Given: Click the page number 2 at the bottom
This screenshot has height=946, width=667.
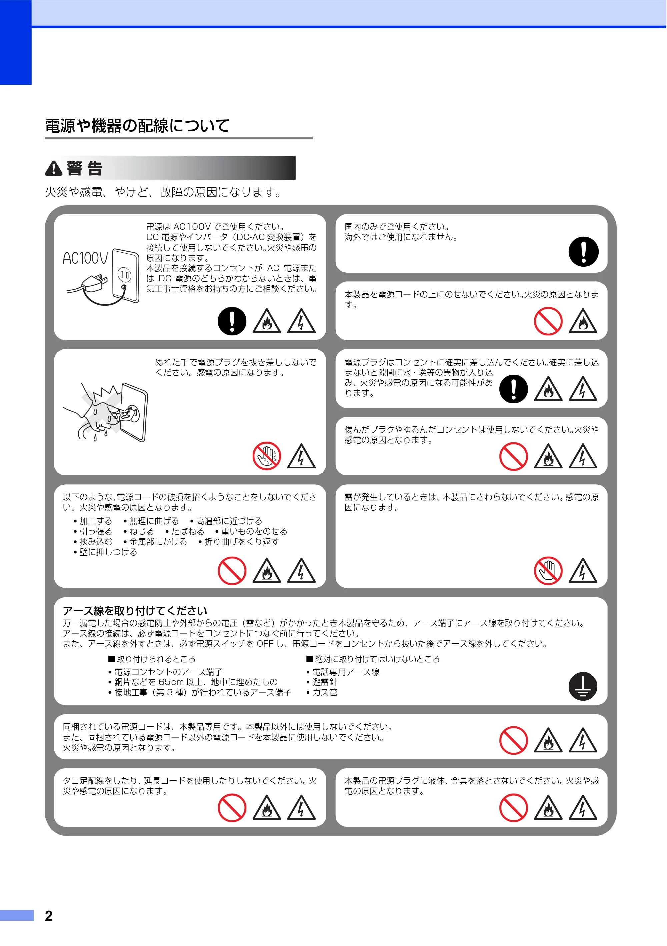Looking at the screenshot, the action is (49, 916).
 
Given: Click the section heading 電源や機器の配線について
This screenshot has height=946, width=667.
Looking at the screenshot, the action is (137, 126).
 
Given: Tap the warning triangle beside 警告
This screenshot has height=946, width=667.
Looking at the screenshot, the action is (53, 168).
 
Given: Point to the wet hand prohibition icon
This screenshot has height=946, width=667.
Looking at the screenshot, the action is (267, 456).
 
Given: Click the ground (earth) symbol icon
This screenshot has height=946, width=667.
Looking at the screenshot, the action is (583, 686).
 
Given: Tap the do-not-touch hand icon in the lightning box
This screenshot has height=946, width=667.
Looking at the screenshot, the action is (548, 571).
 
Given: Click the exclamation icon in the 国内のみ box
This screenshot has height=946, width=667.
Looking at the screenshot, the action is (583, 251).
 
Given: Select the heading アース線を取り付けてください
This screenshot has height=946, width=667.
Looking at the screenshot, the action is (135, 611).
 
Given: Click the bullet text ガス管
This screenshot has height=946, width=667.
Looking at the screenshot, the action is (325, 692).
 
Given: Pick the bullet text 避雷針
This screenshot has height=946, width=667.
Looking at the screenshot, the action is (325, 682).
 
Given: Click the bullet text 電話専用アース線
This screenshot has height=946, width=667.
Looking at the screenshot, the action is (346, 672).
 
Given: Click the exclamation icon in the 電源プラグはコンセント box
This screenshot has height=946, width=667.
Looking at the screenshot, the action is (514, 389).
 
